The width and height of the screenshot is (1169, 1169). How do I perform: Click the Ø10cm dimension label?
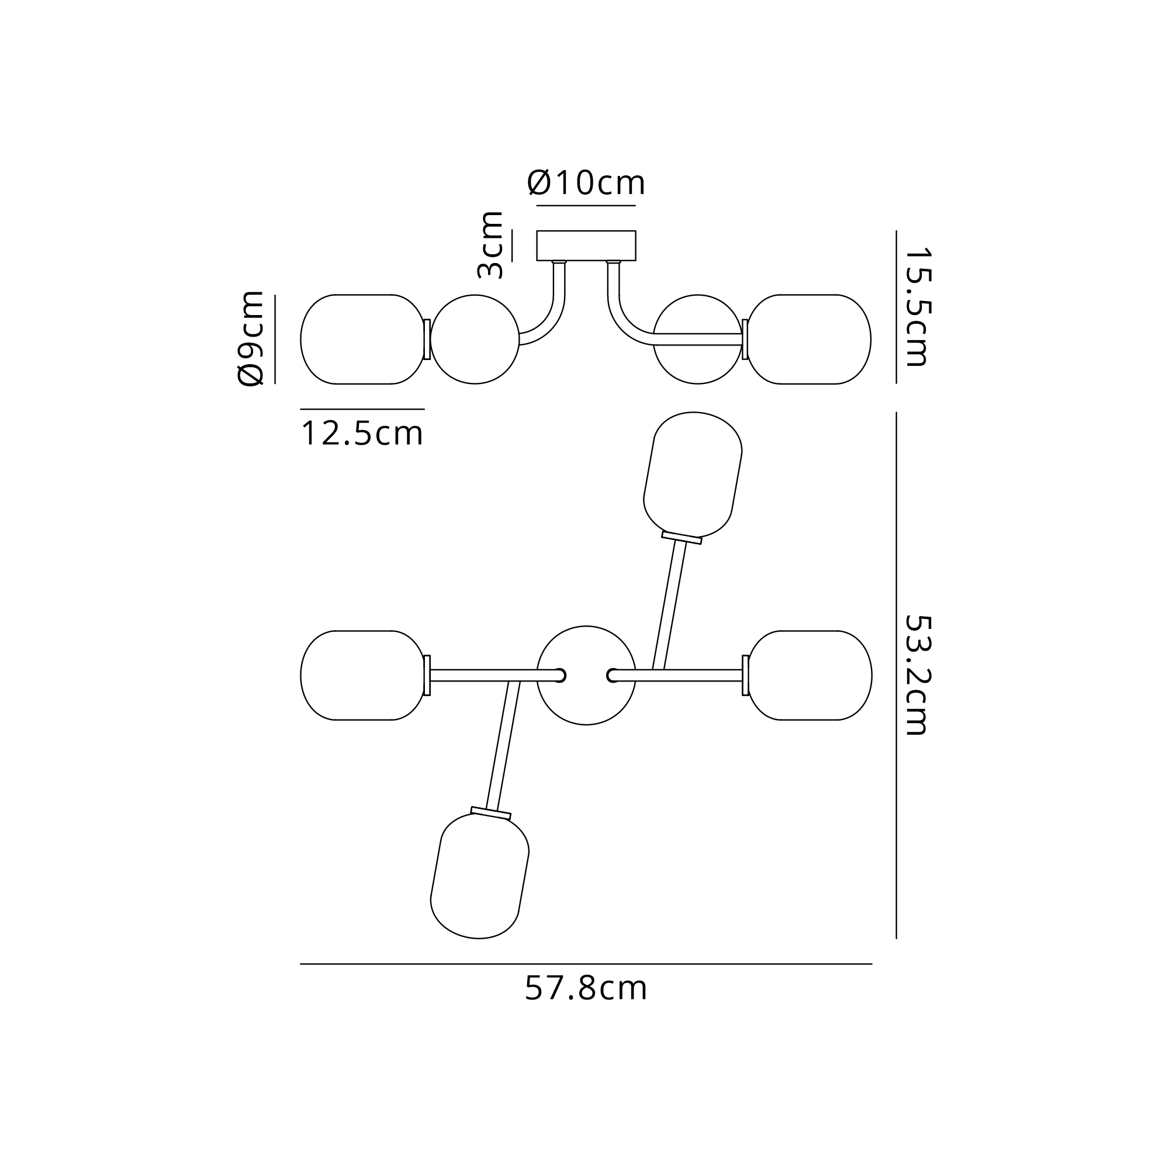point(586,182)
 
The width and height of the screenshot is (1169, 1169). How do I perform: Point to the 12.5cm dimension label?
point(362,434)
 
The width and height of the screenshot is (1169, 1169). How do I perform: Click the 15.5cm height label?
point(916,307)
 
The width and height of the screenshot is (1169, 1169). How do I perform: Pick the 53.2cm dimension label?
point(916,675)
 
